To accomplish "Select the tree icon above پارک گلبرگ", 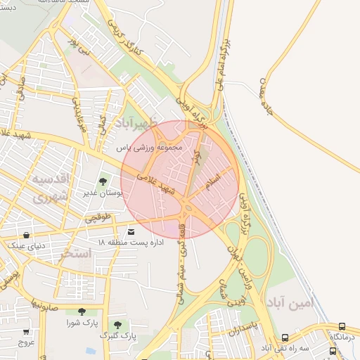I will click(x=117, y=325).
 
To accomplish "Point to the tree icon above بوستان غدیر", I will click(x=103, y=181).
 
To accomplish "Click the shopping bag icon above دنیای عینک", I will click(x=27, y=235).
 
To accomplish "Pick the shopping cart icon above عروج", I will click(x=26, y=332).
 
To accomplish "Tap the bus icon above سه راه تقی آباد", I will click(x=285, y=337).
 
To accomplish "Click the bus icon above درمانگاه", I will click(x=342, y=327).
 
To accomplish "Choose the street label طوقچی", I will click(x=99, y=218).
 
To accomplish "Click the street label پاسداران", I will click(x=245, y=324).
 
